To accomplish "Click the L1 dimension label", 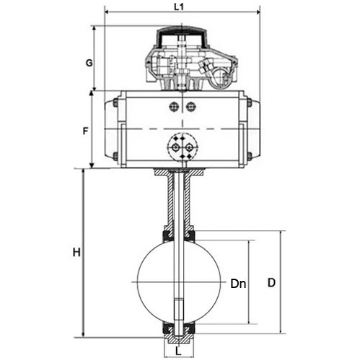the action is [179, 7].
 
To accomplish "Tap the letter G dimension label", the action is [89, 63].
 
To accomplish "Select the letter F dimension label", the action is [86, 131].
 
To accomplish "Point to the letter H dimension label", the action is [76, 253].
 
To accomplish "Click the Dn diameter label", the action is [238, 284].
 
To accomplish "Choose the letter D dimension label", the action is [271, 282].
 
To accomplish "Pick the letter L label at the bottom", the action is [178, 352].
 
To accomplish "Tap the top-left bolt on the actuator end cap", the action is [115, 103].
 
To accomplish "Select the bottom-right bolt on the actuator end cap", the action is [250, 156].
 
